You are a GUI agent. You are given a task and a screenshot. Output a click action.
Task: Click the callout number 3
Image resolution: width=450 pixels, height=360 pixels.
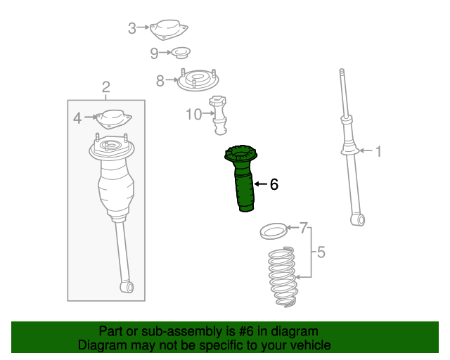point(132,28)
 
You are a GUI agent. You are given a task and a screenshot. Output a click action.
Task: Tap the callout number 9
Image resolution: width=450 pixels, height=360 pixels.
point(154,53)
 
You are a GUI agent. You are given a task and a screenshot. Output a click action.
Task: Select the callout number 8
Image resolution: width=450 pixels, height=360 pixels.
point(160,80)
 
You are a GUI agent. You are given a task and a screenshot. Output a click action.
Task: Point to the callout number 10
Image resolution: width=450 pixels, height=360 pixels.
point(194,115)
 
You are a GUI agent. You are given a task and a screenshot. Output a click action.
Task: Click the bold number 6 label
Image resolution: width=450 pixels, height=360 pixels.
point(274,184)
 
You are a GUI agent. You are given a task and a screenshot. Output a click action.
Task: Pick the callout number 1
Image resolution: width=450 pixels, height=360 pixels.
point(378,151)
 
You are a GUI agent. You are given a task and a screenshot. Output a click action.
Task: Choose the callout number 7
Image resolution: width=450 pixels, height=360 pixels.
point(304,228)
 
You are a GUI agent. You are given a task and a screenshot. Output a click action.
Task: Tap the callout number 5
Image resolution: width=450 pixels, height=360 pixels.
point(321,252)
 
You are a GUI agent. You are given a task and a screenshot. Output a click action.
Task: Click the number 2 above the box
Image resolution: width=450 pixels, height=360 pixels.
point(106,86)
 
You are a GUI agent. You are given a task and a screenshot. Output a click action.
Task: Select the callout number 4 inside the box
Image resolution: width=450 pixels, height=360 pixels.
point(77,118)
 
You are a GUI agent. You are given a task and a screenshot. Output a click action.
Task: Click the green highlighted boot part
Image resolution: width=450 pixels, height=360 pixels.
point(241,178)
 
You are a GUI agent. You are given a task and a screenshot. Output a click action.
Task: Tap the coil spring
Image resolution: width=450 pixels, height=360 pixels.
point(282,276)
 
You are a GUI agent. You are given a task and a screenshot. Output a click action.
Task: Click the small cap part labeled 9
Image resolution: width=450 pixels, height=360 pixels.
point(181,53)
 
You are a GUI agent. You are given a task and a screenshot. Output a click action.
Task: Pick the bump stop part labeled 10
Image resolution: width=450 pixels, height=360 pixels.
point(218,115)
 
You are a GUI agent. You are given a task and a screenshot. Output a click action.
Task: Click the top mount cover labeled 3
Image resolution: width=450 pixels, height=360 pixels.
point(169,30)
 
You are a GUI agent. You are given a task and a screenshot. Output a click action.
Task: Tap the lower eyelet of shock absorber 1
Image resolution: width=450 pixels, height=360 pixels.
point(358,220)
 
